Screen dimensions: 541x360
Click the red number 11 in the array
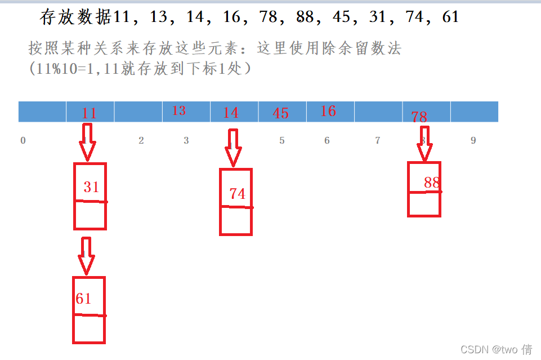coord(89,113)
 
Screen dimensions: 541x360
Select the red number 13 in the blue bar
coord(179,110)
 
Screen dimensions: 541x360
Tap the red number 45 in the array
coord(280,113)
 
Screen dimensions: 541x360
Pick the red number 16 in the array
coord(328,111)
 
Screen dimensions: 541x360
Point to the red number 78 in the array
coord(419,117)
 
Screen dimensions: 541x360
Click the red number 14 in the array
coord(230,113)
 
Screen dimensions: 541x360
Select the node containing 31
coord(90,196)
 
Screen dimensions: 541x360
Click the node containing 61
coord(89,310)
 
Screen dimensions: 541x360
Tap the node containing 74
coord(236,202)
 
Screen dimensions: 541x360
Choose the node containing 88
coord(424,189)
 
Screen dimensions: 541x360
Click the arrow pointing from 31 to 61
coord(86,256)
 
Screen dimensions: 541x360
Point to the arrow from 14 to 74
coord(233,148)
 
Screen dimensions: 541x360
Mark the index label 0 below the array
coord(23,140)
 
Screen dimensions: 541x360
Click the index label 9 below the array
coord(473,140)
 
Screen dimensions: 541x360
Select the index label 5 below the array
coord(282,140)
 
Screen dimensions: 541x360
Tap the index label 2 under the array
coord(141,140)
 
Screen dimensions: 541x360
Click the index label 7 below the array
coord(378,140)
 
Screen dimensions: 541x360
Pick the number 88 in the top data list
coord(305,16)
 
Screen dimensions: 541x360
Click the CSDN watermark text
coord(496,349)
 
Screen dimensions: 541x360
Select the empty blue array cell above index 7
coord(378,112)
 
